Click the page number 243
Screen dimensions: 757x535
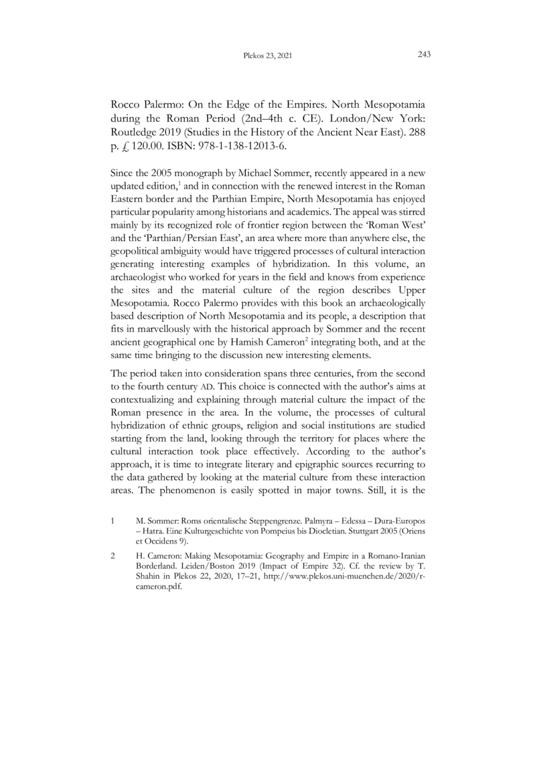point(423,55)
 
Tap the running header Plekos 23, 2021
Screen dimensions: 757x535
point(267,56)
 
